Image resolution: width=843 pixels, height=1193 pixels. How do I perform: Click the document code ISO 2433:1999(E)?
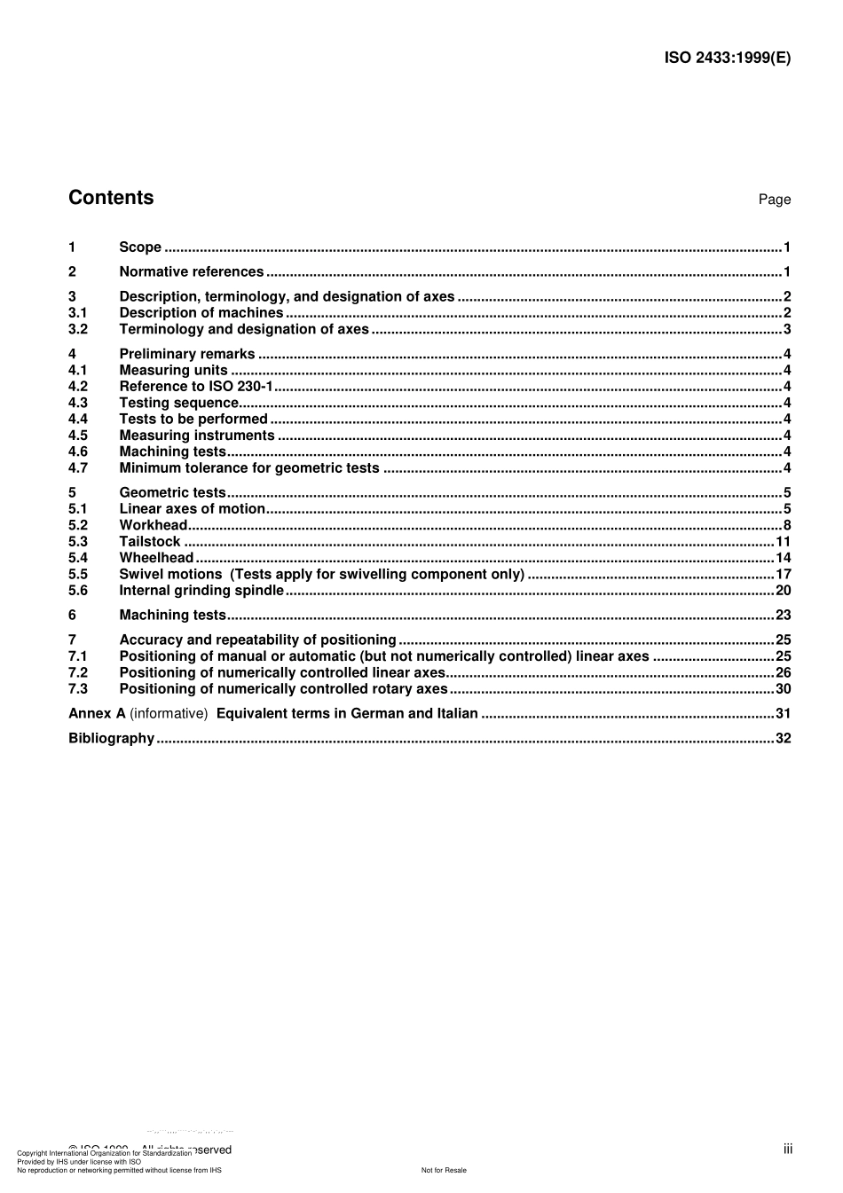point(727,58)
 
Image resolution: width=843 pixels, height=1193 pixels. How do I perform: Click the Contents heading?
point(111,198)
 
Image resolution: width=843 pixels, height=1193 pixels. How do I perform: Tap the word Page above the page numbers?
point(774,200)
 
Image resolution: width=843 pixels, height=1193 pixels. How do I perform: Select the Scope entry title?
point(140,247)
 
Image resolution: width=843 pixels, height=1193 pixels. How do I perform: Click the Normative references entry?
point(191,272)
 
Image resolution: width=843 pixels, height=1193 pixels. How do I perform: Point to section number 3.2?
point(78,329)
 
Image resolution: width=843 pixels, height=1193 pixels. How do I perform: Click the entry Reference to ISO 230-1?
point(196,386)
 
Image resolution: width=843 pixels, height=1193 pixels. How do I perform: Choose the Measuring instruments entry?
point(197,435)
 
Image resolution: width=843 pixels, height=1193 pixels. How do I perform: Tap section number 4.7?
point(78,467)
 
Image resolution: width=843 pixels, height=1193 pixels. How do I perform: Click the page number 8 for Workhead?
point(786,525)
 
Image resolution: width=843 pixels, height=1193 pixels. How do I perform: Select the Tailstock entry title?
point(149,541)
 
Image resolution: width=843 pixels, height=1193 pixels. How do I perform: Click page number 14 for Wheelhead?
point(783,558)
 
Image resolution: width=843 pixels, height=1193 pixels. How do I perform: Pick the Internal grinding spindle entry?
point(201,591)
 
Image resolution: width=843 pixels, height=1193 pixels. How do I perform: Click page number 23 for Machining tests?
point(783,615)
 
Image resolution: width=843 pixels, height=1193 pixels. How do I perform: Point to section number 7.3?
point(78,688)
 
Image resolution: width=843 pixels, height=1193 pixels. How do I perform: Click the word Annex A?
point(97,713)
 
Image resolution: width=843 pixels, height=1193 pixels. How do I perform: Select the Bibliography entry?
point(111,738)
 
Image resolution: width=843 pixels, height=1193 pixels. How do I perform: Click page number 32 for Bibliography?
point(783,738)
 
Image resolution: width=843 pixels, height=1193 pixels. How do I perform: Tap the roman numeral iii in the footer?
point(787,1150)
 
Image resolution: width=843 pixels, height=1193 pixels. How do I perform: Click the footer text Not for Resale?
point(444,1170)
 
